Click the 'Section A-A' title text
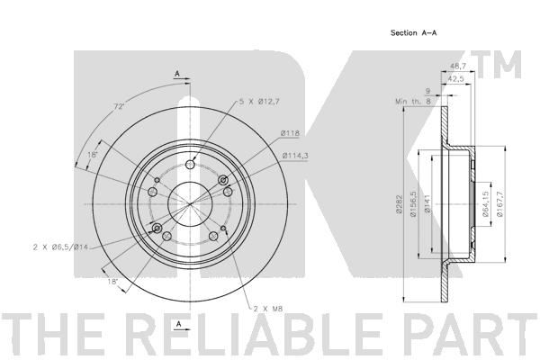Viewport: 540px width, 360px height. pos(413,32)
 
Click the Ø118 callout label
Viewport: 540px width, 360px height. pos(289,134)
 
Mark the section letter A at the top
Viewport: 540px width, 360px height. pos(177,72)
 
